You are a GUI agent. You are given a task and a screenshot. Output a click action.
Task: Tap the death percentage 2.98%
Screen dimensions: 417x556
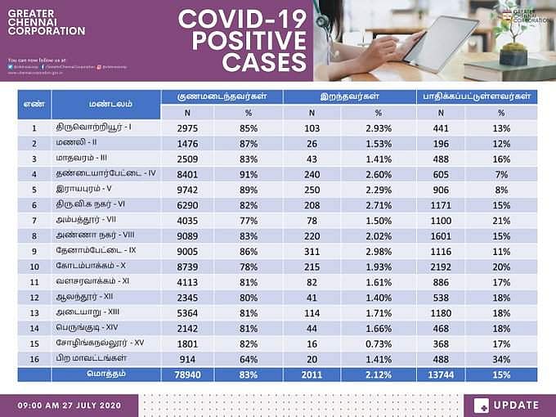pos(378,250)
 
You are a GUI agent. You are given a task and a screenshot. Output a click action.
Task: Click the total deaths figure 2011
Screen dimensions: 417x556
pos(312,374)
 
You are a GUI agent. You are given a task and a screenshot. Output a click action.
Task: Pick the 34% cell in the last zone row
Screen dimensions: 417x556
pos(501,359)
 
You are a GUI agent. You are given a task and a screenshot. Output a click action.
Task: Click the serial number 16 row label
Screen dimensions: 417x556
pos(34,359)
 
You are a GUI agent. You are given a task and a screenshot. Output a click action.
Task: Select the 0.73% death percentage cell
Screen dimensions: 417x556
pos(378,343)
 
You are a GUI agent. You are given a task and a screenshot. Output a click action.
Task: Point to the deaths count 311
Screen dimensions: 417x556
pos(312,250)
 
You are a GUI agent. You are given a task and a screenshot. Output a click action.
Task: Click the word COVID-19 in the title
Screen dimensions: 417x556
pos(242,18)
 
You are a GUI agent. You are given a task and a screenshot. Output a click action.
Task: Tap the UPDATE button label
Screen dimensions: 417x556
pos(516,405)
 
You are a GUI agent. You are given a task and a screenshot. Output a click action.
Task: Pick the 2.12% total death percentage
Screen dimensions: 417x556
pos(378,374)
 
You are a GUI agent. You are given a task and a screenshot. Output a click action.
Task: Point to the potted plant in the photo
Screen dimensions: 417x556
pos(513,37)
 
